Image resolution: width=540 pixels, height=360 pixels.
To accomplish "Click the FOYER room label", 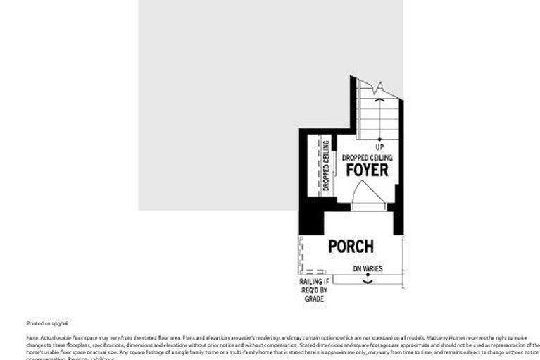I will [367, 170].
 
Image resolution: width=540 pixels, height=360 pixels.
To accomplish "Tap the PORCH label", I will [351, 247].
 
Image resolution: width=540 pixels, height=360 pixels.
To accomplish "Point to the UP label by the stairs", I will [379, 147].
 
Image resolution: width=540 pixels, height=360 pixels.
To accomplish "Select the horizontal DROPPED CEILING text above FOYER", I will [367, 158].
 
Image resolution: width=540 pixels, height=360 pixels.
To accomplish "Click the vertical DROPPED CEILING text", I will [327, 166].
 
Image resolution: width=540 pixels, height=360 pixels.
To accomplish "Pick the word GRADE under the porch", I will [314, 299].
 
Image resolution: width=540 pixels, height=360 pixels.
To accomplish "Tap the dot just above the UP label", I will [379, 139].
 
